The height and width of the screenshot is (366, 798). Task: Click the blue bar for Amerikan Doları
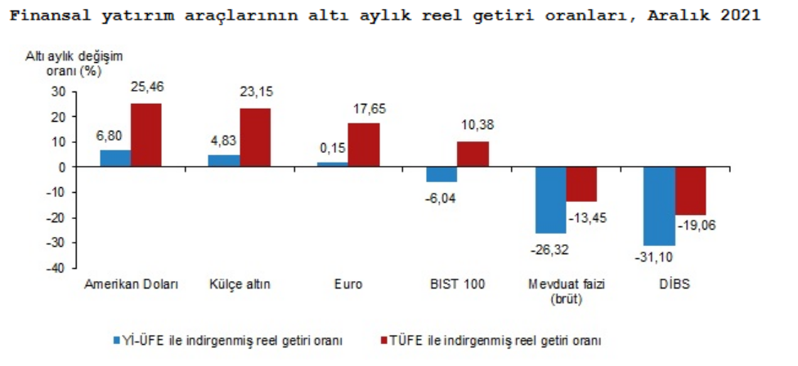pos(115,158)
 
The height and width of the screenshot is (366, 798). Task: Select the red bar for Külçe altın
pos(255,137)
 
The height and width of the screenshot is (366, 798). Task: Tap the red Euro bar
pos(364,145)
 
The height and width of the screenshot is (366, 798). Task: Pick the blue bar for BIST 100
pos(442,174)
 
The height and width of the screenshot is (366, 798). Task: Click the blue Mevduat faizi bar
pos(550,199)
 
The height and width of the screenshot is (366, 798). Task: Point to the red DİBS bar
pos(690,190)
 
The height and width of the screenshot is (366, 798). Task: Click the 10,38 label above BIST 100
pos(473,125)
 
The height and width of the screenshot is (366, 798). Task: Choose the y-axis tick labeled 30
pos(59,91)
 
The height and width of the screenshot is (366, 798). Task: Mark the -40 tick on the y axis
pos(56,269)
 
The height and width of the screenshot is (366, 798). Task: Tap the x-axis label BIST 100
pos(458,284)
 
